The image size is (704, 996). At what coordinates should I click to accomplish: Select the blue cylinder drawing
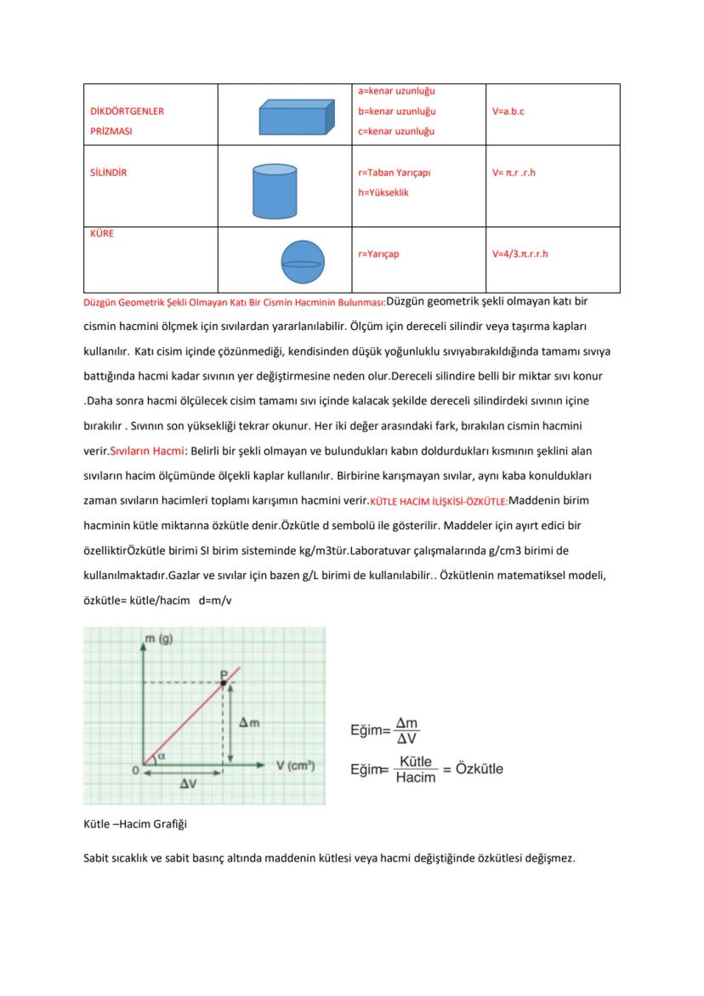pyautogui.click(x=275, y=191)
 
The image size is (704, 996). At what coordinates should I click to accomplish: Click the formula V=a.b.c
pyautogui.click(x=508, y=111)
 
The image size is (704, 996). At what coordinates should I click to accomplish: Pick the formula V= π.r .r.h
pyautogui.click(x=514, y=173)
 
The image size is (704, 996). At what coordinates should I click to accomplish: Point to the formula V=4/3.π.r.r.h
pyautogui.click(x=519, y=253)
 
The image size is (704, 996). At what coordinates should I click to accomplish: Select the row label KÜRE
pyautogui.click(x=101, y=234)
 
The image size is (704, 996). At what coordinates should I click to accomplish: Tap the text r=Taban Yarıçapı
pyautogui.click(x=394, y=173)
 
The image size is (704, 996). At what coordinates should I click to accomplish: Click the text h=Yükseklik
pyautogui.click(x=383, y=193)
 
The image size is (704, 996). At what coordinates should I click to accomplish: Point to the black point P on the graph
pyautogui.click(x=224, y=682)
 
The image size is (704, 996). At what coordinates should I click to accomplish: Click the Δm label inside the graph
pyautogui.click(x=248, y=722)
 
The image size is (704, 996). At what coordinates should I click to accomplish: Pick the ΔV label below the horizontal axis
pyautogui.click(x=188, y=784)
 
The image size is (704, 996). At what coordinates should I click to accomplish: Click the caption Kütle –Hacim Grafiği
pyautogui.click(x=134, y=824)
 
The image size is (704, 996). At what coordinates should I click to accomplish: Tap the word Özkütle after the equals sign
pyautogui.click(x=480, y=769)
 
